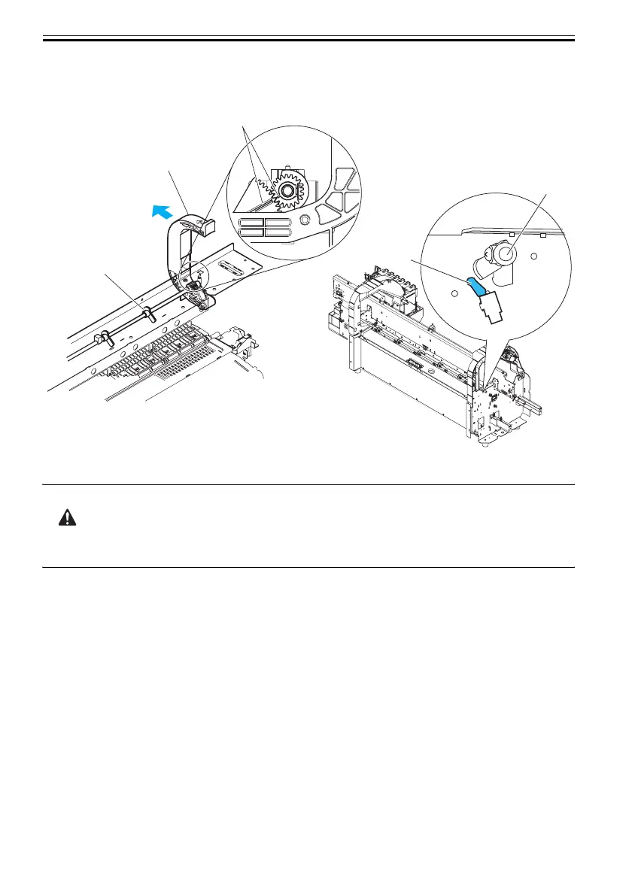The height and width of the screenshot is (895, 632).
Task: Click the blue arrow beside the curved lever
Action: [x=159, y=213]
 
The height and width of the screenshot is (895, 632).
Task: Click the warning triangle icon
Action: [x=68, y=519]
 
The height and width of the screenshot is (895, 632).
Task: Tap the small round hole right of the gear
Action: [x=305, y=220]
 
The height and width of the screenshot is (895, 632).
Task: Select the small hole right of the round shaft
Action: [x=534, y=256]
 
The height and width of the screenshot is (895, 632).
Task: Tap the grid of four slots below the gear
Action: [x=264, y=229]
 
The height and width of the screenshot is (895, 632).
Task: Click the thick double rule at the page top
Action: [x=308, y=38]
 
